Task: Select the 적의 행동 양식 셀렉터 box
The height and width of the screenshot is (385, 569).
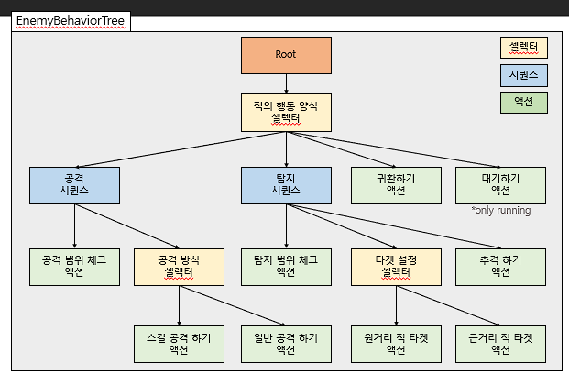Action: tap(286, 112)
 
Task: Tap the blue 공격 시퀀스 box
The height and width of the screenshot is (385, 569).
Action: tap(74, 184)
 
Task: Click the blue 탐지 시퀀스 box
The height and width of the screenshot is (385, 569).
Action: tap(286, 184)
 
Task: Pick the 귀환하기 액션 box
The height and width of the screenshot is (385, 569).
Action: tap(396, 184)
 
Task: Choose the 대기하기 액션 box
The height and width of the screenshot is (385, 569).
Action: tap(500, 184)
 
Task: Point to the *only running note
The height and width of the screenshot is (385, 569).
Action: tap(500, 210)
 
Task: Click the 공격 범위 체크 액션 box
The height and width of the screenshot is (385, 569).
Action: tap(74, 266)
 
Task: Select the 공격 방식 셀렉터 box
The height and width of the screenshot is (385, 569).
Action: tap(179, 266)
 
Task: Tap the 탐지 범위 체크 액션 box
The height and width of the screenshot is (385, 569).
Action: tap(286, 266)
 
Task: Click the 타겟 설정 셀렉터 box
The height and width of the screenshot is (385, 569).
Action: tap(396, 266)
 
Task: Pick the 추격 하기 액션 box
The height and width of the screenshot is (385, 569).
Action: tap(500, 266)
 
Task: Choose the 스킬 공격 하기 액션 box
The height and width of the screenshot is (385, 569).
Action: tap(179, 343)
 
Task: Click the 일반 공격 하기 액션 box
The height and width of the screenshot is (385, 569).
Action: tap(286, 343)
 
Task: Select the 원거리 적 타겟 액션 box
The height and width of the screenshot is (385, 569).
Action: tap(396, 343)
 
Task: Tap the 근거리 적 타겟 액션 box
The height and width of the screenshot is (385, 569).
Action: tap(500, 343)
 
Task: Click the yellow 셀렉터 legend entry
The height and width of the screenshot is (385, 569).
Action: tap(524, 47)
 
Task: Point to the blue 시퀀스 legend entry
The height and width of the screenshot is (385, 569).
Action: tap(524, 74)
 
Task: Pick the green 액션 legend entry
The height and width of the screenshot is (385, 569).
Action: tap(524, 103)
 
